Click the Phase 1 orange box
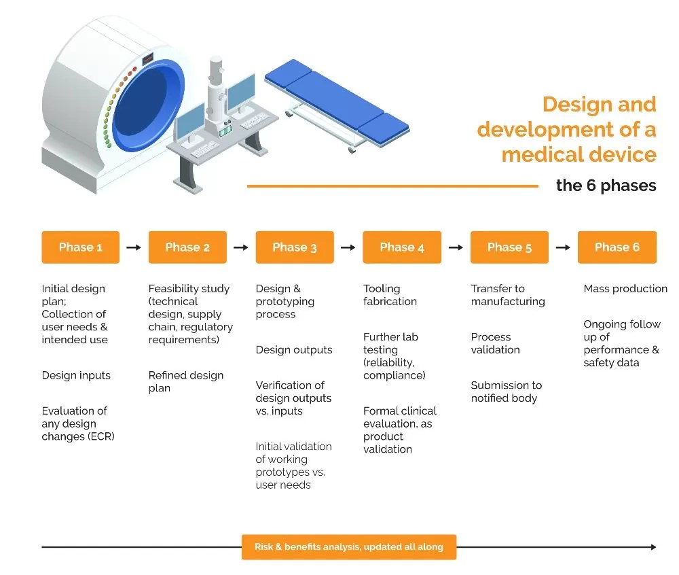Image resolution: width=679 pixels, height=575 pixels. tap(80, 247)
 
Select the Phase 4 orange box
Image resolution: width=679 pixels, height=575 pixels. tap(401, 247)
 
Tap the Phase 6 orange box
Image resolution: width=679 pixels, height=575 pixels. tap(617, 247)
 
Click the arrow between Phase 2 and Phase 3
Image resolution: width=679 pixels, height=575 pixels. tap(240, 247)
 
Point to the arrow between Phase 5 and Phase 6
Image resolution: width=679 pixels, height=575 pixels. tap(562, 247)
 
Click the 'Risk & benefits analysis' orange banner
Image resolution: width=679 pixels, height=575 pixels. tap(348, 546)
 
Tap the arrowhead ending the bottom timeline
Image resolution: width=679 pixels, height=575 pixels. tap(653, 546)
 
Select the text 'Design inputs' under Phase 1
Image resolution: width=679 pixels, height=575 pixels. tap(76, 375)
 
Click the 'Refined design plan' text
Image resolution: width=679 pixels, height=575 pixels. tap(186, 381)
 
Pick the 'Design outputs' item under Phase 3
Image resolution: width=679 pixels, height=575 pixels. tap(294, 350)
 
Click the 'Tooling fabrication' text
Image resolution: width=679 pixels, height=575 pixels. tap(390, 295)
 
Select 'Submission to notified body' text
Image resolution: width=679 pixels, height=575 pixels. tap(507, 391)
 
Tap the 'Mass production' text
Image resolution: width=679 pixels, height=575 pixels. tap(625, 289)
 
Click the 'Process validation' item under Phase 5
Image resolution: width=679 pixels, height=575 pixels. tap(495, 343)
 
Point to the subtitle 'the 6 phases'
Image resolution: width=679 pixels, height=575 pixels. tap(606, 186)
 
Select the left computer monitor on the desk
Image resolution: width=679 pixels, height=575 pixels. tap(190, 122)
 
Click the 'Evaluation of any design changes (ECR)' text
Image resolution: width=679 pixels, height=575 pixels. tap(78, 423)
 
